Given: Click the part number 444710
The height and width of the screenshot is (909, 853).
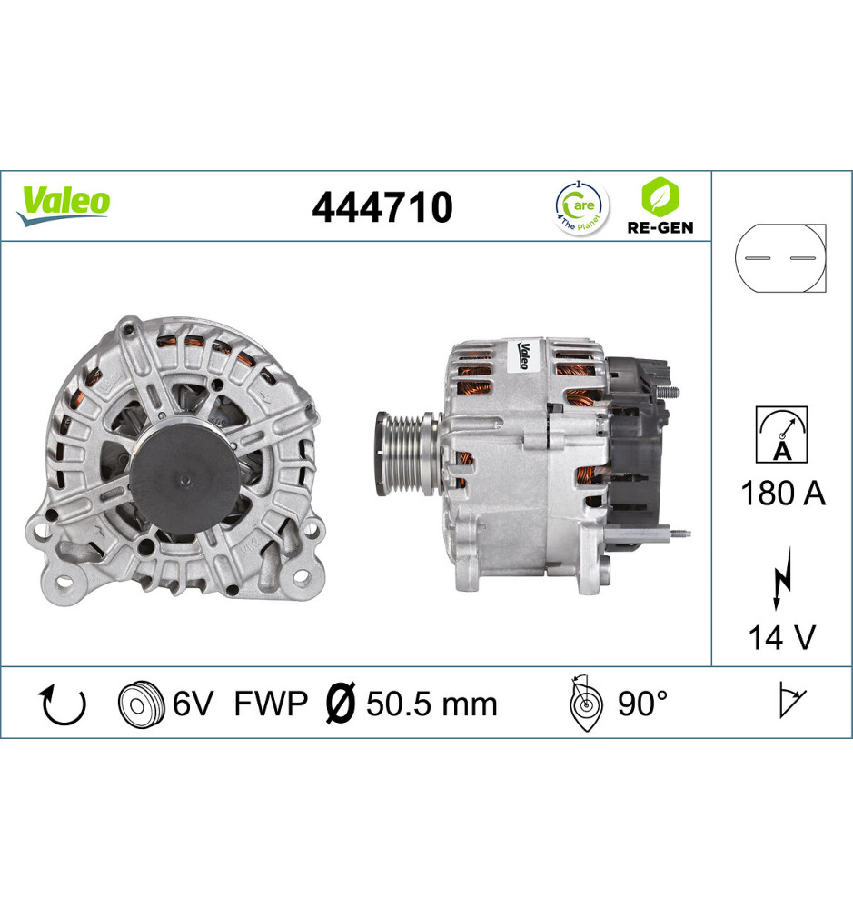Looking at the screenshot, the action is tap(382, 207).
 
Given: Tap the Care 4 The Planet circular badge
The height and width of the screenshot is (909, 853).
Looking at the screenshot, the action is tap(581, 208).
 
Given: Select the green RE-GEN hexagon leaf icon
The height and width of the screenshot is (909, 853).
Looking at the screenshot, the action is tap(660, 196).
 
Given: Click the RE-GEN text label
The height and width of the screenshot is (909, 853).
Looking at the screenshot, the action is tap(660, 228).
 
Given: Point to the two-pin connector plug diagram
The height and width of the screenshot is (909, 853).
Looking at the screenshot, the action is tap(780, 258).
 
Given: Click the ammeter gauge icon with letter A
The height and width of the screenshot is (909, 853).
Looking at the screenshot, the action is tap(782, 435).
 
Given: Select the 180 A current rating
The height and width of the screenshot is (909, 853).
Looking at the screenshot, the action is tap(782, 494).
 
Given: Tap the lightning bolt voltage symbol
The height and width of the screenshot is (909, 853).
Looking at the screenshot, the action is tap(782, 577).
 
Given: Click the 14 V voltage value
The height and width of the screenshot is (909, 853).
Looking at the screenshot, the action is tap(782, 637).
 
